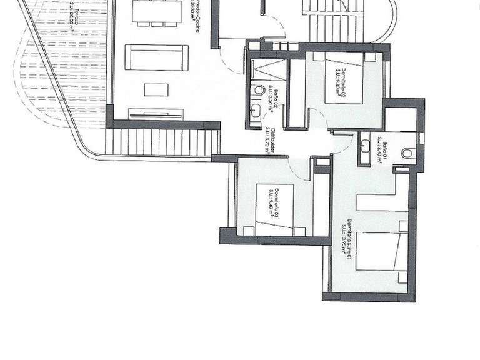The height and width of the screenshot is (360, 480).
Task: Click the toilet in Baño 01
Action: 407,152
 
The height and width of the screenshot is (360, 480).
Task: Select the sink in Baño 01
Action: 365,149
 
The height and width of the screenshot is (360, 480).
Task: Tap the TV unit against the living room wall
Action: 156,114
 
